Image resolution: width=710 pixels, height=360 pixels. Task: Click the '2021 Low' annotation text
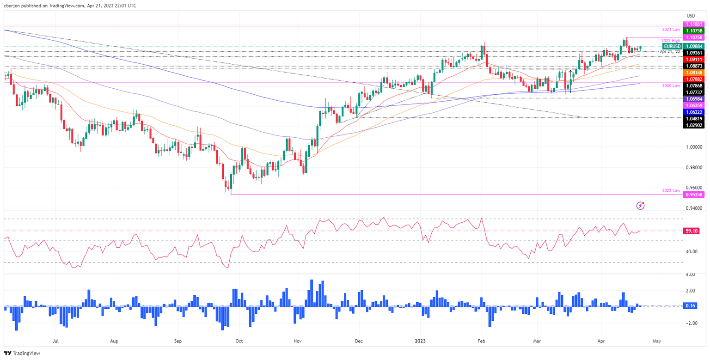coord(671,29)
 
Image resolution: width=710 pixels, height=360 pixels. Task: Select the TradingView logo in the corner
coord(22,354)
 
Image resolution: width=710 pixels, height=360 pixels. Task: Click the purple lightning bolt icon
coord(640,205)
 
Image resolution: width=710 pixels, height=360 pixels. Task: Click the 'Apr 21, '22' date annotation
coord(670,52)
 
